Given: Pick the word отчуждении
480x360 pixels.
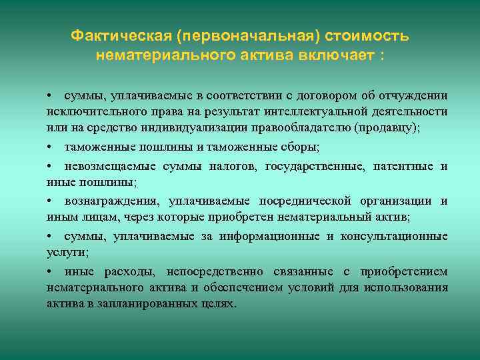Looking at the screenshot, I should [413, 95].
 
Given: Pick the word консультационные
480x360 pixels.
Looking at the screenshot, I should [394, 236].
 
